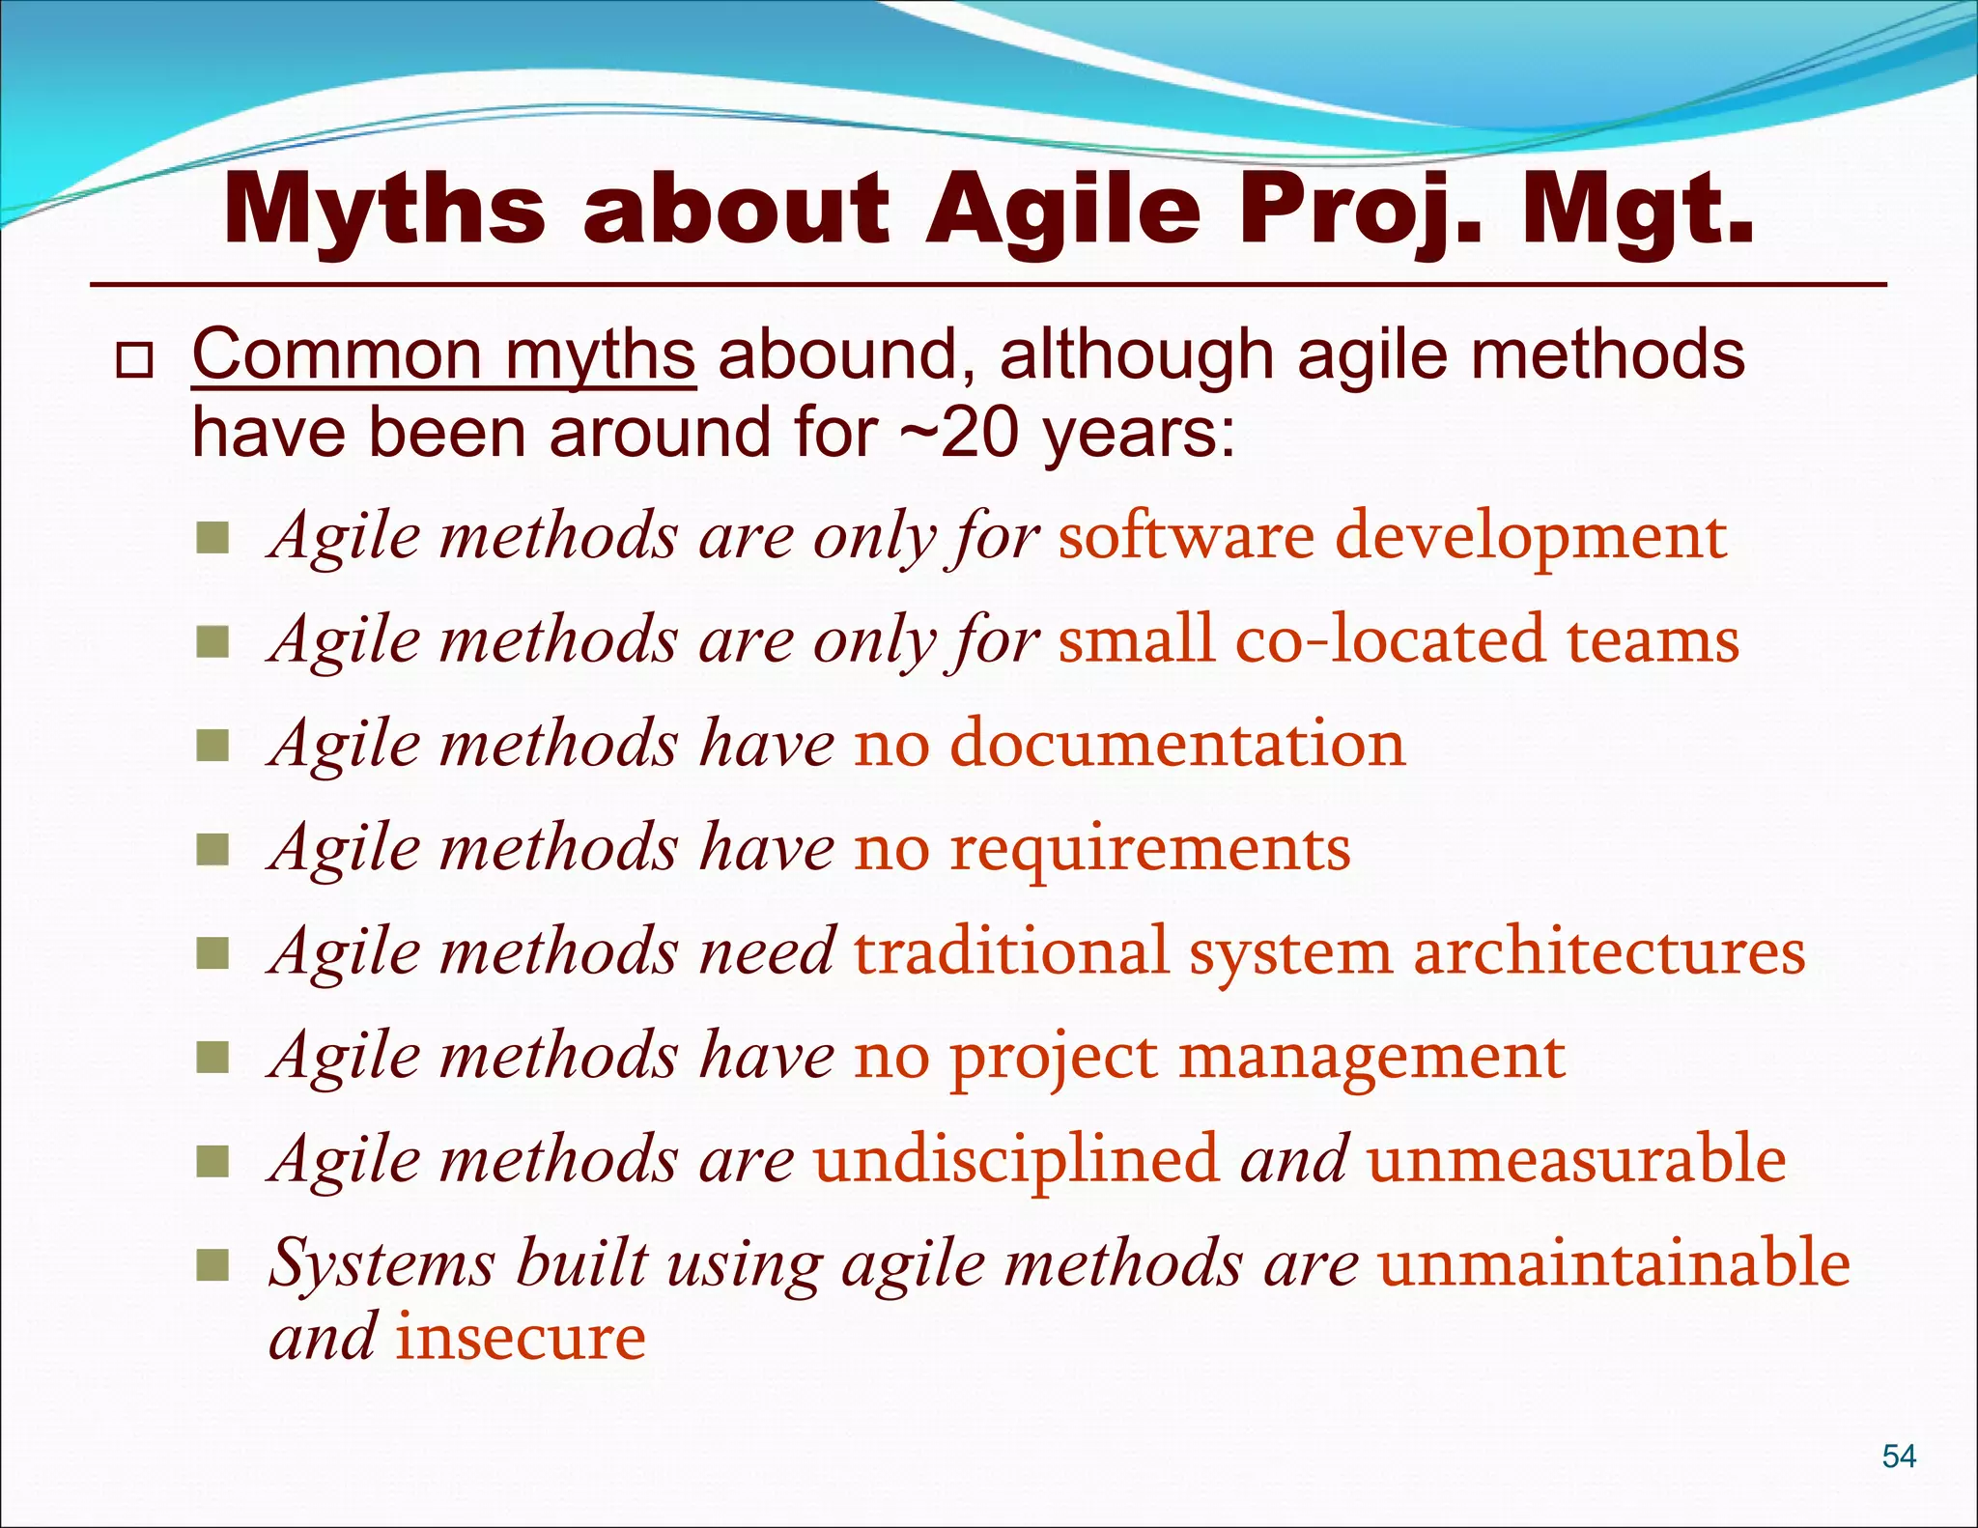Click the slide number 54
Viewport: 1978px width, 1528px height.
[x=1899, y=1456]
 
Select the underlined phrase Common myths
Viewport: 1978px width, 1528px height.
[x=443, y=356]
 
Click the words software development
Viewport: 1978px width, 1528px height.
[x=1392, y=536]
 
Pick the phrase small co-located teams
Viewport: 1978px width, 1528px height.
[x=1398, y=640]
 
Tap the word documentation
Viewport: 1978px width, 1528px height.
[x=1177, y=744]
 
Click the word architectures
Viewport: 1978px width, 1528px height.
[x=1608, y=952]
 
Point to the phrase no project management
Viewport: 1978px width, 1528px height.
[x=1208, y=1057]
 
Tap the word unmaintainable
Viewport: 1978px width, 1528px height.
[x=1613, y=1263]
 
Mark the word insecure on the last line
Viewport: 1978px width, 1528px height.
[x=520, y=1339]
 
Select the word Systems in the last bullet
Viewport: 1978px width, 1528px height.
[x=381, y=1263]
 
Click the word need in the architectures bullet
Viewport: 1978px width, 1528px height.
[x=766, y=952]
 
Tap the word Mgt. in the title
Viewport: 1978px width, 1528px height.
[x=1637, y=210]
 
